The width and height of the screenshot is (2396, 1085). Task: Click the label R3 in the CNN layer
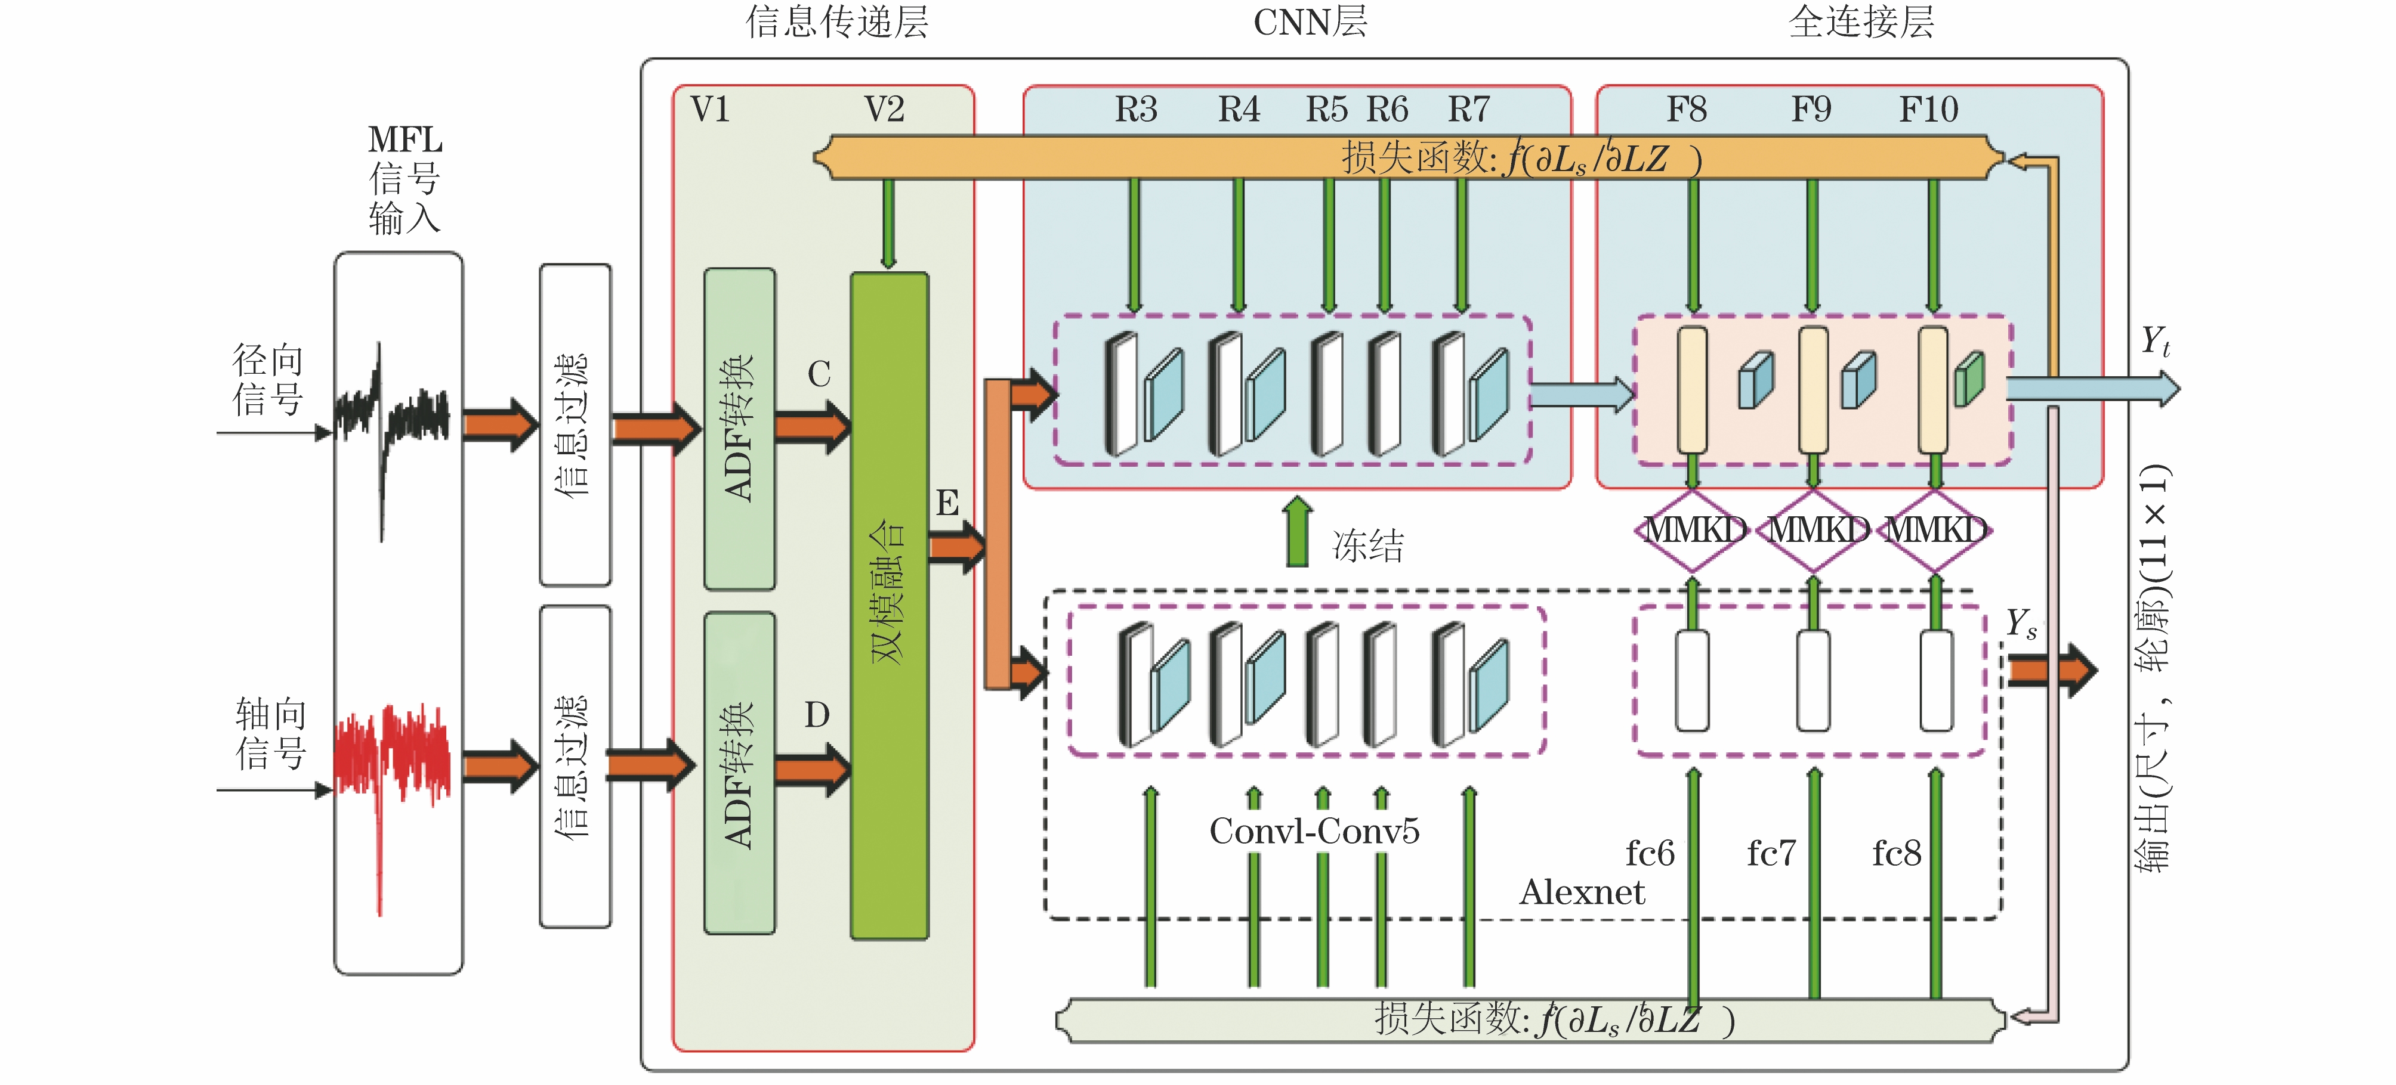click(1136, 110)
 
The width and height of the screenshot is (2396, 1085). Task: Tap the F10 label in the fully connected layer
click(1928, 110)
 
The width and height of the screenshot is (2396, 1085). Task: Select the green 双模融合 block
click(889, 604)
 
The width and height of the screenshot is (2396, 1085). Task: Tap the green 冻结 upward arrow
click(1298, 533)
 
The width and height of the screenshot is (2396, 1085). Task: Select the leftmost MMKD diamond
click(1693, 530)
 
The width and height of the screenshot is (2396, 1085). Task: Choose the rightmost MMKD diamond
click(1935, 530)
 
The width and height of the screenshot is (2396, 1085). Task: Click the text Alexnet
click(1581, 892)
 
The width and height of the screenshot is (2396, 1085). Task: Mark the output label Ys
click(2020, 623)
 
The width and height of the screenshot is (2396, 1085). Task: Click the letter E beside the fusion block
click(947, 503)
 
